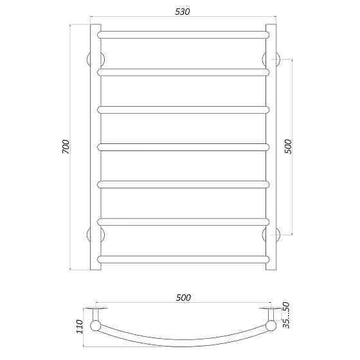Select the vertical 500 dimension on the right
click(287, 146)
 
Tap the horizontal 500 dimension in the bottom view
click(183, 297)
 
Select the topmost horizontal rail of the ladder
click(183, 33)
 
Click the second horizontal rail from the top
click(183, 72)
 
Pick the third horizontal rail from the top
click(183, 109)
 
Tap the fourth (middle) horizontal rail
click(183, 147)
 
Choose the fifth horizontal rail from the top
click(183, 184)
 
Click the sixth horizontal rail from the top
click(183, 222)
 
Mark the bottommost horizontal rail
click(183, 259)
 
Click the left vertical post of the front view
click(94, 147)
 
